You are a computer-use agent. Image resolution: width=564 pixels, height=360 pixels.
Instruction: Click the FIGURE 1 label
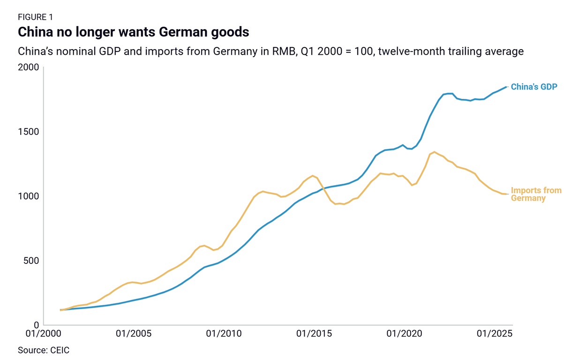(x=35, y=17)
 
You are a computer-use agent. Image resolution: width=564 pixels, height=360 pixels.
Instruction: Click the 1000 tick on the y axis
(x=29, y=196)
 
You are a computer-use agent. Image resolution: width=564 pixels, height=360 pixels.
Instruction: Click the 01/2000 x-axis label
(x=43, y=334)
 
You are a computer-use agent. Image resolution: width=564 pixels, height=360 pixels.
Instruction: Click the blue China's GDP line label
(x=534, y=87)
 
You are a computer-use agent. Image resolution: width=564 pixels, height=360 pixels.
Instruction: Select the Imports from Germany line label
(x=535, y=194)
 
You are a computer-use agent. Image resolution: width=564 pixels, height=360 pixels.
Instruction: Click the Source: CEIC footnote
(x=44, y=350)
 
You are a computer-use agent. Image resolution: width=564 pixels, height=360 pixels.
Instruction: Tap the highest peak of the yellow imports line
(x=435, y=152)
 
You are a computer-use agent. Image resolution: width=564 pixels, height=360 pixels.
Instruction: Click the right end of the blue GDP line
(x=507, y=87)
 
